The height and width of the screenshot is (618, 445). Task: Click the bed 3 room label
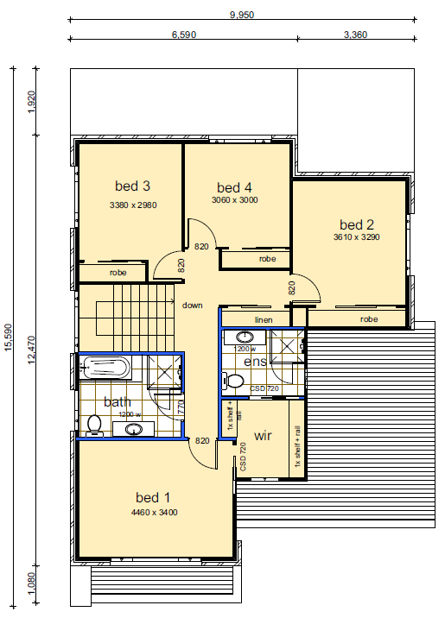click(132, 186)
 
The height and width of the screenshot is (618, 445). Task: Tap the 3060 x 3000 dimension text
click(235, 200)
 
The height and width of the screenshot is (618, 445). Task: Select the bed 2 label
click(357, 224)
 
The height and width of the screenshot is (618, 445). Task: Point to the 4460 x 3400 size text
click(155, 513)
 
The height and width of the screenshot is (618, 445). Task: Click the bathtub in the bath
click(105, 368)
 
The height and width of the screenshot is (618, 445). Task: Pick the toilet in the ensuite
click(233, 382)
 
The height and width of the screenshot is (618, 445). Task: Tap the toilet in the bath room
click(94, 426)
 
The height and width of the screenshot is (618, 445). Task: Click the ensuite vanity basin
click(245, 337)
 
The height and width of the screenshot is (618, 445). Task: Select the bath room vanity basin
click(134, 429)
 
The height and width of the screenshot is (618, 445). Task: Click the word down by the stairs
click(193, 305)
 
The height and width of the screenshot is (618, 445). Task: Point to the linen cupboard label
click(264, 319)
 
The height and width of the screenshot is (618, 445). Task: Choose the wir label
click(263, 436)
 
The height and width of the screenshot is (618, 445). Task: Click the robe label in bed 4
click(268, 259)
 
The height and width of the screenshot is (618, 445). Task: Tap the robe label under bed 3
click(118, 273)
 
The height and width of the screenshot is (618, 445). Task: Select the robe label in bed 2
click(369, 319)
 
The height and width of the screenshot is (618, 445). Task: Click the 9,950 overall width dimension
click(242, 15)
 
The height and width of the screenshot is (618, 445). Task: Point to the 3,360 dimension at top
click(355, 35)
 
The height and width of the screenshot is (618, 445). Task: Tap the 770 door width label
click(181, 407)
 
